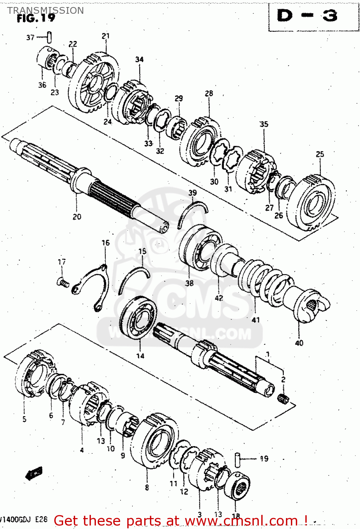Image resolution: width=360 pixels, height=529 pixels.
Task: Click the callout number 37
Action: pos(30,37)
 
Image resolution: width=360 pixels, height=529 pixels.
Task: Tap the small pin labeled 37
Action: pos(49,37)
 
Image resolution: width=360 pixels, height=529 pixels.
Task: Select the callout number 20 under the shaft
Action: pos(77,217)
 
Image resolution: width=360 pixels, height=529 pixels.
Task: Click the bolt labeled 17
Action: pos(62,282)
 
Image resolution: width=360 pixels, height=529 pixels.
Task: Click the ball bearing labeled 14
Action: pos(138,318)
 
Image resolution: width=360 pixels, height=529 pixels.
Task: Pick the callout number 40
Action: pos(299,342)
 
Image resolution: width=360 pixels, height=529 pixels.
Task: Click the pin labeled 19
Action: pos(238,459)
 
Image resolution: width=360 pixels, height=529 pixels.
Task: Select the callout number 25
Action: pos(320,154)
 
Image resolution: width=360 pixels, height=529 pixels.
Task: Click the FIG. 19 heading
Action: pos(36,18)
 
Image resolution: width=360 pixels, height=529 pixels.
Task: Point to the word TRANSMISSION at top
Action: pos(45,10)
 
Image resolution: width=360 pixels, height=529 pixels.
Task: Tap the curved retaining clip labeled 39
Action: pos(192,213)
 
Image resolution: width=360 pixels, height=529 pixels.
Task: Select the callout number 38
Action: pos(189,283)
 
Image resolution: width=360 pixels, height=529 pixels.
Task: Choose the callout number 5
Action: pos(24,419)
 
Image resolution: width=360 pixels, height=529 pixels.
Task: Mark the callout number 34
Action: pos(139,59)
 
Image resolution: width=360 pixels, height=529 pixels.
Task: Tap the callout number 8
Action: pos(147,488)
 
